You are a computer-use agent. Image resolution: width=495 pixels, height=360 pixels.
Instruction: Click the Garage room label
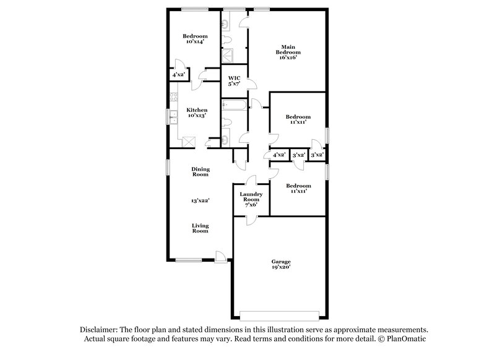tap(281, 262)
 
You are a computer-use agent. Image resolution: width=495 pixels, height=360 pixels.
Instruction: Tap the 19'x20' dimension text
tap(281, 267)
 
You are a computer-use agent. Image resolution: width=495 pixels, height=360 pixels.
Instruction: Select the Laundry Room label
tap(251, 197)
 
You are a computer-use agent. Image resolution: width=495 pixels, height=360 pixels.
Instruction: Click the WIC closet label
tap(234, 79)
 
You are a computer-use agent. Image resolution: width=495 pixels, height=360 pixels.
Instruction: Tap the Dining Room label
tap(200, 171)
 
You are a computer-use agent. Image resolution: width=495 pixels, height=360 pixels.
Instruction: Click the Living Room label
tap(199, 228)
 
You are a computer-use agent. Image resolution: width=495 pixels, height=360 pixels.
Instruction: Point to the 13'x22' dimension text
tap(199, 200)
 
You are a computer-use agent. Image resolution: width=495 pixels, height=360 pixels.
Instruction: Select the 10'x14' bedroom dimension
tap(194, 42)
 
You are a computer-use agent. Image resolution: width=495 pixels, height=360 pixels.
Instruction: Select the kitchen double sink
tap(173, 118)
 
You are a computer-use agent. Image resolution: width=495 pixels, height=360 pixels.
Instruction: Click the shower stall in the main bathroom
tap(226, 56)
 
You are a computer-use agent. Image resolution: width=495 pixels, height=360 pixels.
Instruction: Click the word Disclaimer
tap(98, 330)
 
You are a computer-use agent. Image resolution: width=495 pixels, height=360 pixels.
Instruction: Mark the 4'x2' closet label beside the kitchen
tap(178, 75)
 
